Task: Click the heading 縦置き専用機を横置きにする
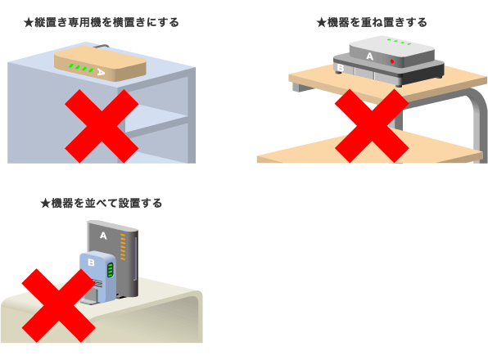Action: coord(106,22)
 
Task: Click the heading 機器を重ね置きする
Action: coord(377,22)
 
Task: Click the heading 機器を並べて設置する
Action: coord(106,203)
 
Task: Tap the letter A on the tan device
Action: coord(101,72)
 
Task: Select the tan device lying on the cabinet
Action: coord(100,64)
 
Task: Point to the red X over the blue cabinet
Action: coord(102,126)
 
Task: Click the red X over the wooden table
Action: coord(372,126)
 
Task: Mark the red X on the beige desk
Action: coord(58,306)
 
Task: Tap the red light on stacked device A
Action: coord(392,61)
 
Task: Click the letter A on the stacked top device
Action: coord(369,56)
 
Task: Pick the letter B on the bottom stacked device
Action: coord(340,67)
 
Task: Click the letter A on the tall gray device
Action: coord(103,236)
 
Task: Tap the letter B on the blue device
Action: coord(91,263)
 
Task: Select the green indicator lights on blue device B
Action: coord(111,270)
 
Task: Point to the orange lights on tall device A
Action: coord(123,247)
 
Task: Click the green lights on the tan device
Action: coord(81,68)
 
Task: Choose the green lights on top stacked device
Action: coord(399,42)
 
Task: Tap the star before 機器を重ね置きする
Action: coord(321,23)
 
